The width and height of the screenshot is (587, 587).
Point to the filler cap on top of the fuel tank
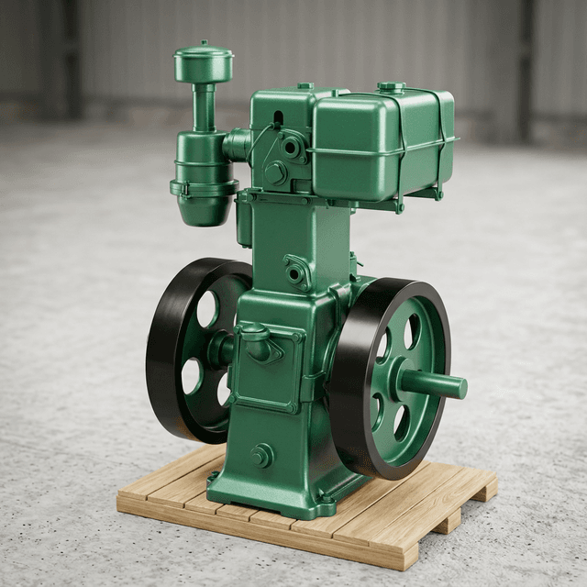point(392,87)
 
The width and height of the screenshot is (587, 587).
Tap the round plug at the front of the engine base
point(262,455)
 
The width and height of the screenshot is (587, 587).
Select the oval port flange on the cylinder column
point(296,272)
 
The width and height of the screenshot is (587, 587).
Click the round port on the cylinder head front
point(292,147)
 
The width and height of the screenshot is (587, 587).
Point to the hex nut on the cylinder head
point(276,172)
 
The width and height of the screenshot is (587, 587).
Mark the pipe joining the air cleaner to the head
point(237,144)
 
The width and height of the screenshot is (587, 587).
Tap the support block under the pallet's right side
point(447,521)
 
